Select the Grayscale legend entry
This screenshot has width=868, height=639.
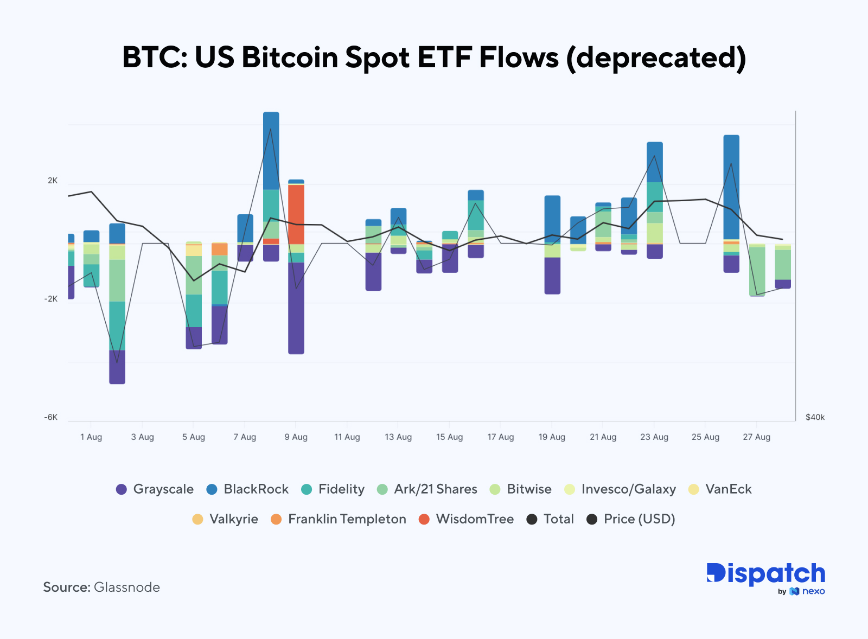pos(155,489)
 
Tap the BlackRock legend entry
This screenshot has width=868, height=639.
pos(247,489)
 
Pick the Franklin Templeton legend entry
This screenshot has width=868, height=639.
pos(338,519)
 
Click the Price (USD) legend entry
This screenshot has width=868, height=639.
pos(631,519)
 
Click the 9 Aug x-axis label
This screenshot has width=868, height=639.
pos(296,437)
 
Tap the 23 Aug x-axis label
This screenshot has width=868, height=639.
pos(654,437)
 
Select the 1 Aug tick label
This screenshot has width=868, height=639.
pos(91,437)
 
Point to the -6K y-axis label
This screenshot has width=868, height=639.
pos(51,417)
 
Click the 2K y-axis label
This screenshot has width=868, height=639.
pos(53,181)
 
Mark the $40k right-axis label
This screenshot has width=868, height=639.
pos(815,417)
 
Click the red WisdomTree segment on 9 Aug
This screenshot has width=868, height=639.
pos(296,214)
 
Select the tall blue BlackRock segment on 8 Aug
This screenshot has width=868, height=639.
pos(271,150)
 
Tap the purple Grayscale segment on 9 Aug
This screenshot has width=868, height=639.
pos(296,308)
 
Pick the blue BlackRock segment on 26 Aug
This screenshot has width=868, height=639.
pos(731,187)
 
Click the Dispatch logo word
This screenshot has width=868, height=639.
pos(765,574)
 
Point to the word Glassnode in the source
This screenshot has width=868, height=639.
pos(127,587)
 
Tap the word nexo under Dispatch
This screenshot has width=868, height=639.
pos(813,591)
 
